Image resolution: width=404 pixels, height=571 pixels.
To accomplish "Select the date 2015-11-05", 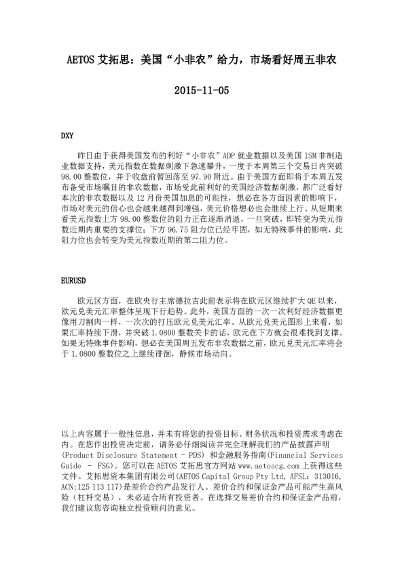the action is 202,90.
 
